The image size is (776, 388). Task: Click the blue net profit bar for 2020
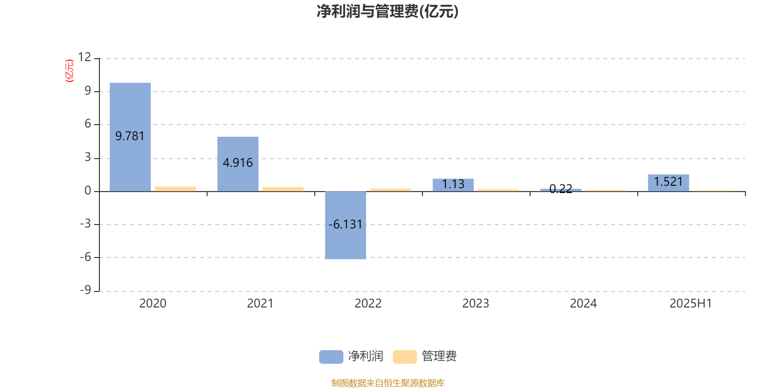point(130,137)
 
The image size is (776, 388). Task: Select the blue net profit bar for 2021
point(238,164)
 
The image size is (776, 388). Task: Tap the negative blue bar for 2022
point(345,225)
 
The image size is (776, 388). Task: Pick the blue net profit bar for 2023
point(453,185)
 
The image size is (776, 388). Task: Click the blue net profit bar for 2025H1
point(669,183)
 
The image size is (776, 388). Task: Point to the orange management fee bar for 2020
point(175,189)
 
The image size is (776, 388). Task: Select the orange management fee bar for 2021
point(283,189)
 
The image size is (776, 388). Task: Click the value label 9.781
point(130,136)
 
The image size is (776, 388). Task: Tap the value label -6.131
point(345,225)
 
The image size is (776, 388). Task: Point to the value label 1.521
point(668,181)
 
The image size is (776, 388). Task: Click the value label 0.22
point(561,189)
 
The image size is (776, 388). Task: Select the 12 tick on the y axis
point(84,57)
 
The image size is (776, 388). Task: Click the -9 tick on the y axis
point(85,290)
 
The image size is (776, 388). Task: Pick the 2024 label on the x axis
point(583,304)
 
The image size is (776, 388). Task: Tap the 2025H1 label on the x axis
point(691,304)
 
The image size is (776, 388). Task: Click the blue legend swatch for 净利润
point(331,357)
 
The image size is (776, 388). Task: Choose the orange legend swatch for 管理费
point(404,357)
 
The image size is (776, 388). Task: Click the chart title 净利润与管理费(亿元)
point(388,11)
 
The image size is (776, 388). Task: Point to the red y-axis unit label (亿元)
point(70,71)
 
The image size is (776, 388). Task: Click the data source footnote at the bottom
point(388,383)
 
